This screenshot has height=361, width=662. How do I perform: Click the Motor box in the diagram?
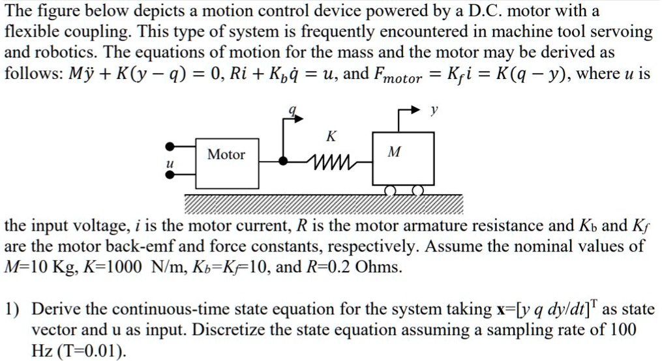[x=226, y=155]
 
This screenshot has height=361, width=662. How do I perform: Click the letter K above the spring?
[x=331, y=137]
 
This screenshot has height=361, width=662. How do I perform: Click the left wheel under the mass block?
[x=390, y=190]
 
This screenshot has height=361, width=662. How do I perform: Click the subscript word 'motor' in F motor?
[x=402, y=79]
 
